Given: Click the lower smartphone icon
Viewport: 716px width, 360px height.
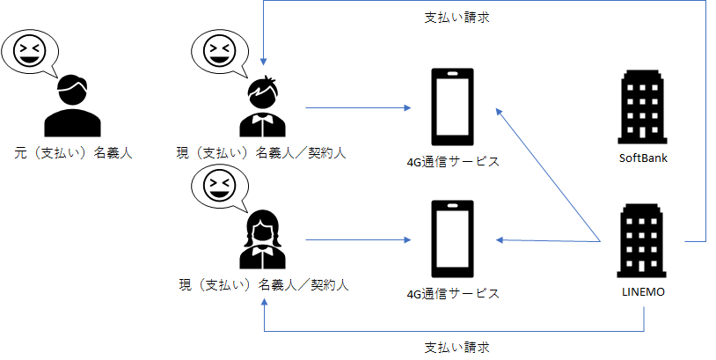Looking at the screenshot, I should tap(452, 239).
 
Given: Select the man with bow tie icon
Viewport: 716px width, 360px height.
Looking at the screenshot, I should tap(261, 107).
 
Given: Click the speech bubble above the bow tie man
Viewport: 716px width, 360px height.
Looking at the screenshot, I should tap(217, 54).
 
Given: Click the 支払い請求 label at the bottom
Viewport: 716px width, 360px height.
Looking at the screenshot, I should tap(451, 346).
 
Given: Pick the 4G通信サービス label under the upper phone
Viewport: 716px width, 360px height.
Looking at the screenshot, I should tap(452, 161).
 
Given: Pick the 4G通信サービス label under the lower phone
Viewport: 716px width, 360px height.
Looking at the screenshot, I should tap(452, 293).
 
